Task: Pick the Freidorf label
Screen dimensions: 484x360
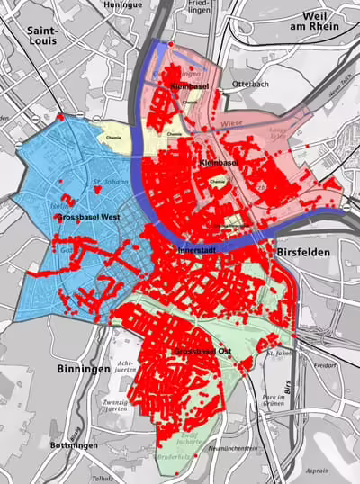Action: click(x=325, y=365)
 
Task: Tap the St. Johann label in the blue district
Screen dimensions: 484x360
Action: click(x=105, y=189)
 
